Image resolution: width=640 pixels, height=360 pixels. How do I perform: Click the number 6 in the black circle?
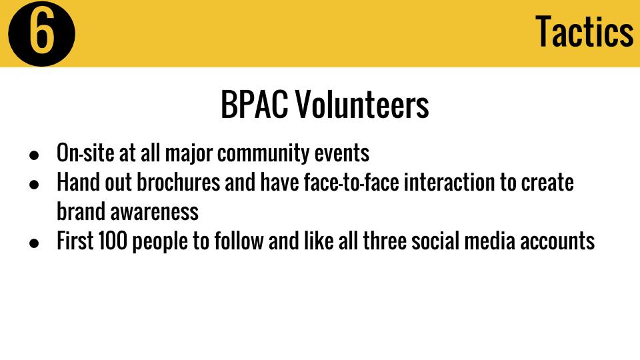point(41,33)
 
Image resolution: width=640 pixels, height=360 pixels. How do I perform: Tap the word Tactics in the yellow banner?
point(585,31)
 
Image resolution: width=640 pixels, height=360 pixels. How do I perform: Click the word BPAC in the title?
point(254,105)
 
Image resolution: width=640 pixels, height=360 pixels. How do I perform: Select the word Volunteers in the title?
point(363,105)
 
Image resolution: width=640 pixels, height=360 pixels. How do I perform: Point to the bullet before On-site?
point(34,155)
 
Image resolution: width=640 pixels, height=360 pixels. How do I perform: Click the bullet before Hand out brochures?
point(34,185)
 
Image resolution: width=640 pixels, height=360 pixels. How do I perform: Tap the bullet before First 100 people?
point(34,243)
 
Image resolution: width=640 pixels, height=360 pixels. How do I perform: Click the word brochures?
point(179,182)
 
